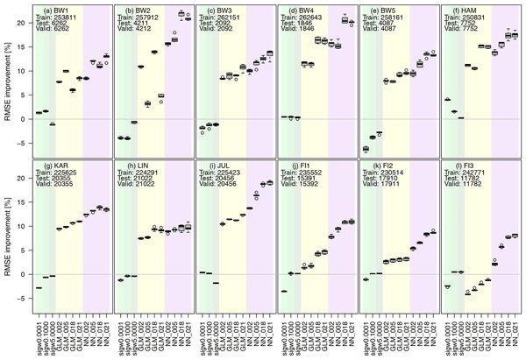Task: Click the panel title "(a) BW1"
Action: point(53,9)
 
